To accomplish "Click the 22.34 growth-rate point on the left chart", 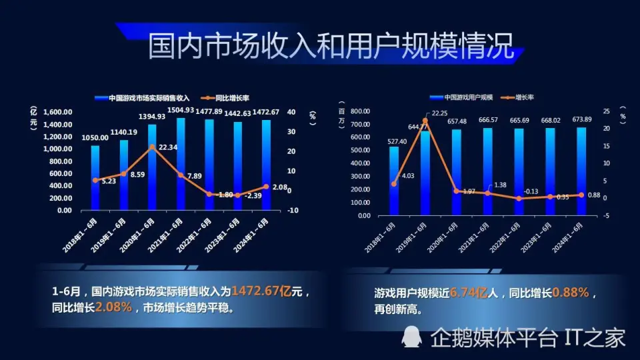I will tap(152, 147).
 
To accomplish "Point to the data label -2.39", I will tap(254, 196).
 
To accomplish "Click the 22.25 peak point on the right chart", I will tap(425, 120).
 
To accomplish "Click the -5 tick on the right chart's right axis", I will tap(606, 215).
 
